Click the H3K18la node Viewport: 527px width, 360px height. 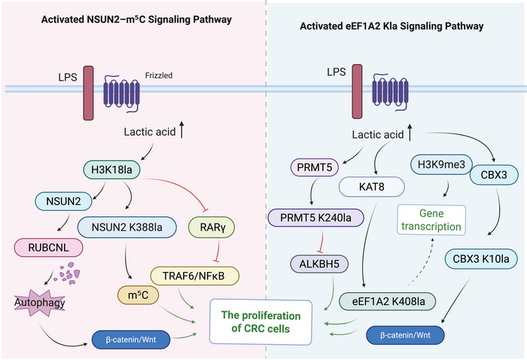(111, 169)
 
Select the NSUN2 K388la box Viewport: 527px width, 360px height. (127, 227)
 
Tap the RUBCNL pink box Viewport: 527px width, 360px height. (48, 248)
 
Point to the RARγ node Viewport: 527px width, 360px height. (212, 227)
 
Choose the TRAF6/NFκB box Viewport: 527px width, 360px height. (194, 276)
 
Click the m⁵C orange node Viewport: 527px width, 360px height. (138, 295)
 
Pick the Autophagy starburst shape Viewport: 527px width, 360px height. (40, 303)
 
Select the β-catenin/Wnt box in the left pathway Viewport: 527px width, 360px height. (131, 340)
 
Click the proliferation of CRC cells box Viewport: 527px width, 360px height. (260, 322)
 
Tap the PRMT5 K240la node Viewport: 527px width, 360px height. (315, 218)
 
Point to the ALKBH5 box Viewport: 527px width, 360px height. (319, 264)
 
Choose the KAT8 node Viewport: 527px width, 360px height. (371, 187)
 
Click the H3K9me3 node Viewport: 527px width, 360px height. (441, 164)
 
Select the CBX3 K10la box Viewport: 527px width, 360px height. (480, 259)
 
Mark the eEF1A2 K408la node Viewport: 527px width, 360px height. (388, 301)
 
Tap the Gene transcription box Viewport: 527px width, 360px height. (431, 220)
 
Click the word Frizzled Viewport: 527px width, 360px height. (159, 75)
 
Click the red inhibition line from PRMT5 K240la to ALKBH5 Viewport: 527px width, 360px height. (321, 240)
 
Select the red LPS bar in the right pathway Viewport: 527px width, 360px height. (357, 92)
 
